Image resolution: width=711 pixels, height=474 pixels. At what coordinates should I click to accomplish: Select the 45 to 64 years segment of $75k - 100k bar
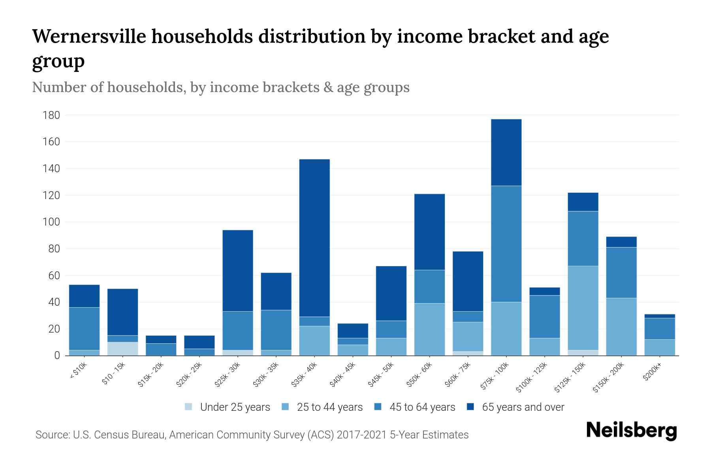506,244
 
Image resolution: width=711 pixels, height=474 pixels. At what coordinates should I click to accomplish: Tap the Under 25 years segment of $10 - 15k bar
122,349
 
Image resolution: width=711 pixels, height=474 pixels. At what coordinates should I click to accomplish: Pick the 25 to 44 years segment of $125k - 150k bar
583,308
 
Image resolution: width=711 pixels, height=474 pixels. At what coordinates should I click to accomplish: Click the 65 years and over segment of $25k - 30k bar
238,271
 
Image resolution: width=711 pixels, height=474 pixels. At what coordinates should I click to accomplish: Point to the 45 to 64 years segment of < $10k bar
84,329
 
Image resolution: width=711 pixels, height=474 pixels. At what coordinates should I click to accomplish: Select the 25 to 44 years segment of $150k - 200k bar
621,327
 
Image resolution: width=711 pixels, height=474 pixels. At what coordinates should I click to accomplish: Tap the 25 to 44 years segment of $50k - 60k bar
429,329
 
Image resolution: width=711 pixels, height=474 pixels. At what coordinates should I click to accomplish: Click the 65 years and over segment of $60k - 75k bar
468,281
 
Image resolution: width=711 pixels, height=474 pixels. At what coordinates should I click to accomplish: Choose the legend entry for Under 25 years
228,407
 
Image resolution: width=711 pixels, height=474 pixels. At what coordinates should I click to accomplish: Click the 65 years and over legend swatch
471,407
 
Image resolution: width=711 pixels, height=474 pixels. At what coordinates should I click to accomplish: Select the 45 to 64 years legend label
422,407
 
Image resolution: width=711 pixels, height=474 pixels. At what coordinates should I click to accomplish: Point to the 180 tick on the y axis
51,115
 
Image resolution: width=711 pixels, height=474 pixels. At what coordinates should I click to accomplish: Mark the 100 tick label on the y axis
51,222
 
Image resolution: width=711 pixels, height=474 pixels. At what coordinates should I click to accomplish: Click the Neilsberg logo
632,431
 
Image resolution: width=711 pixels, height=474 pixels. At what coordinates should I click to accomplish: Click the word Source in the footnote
52,435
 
